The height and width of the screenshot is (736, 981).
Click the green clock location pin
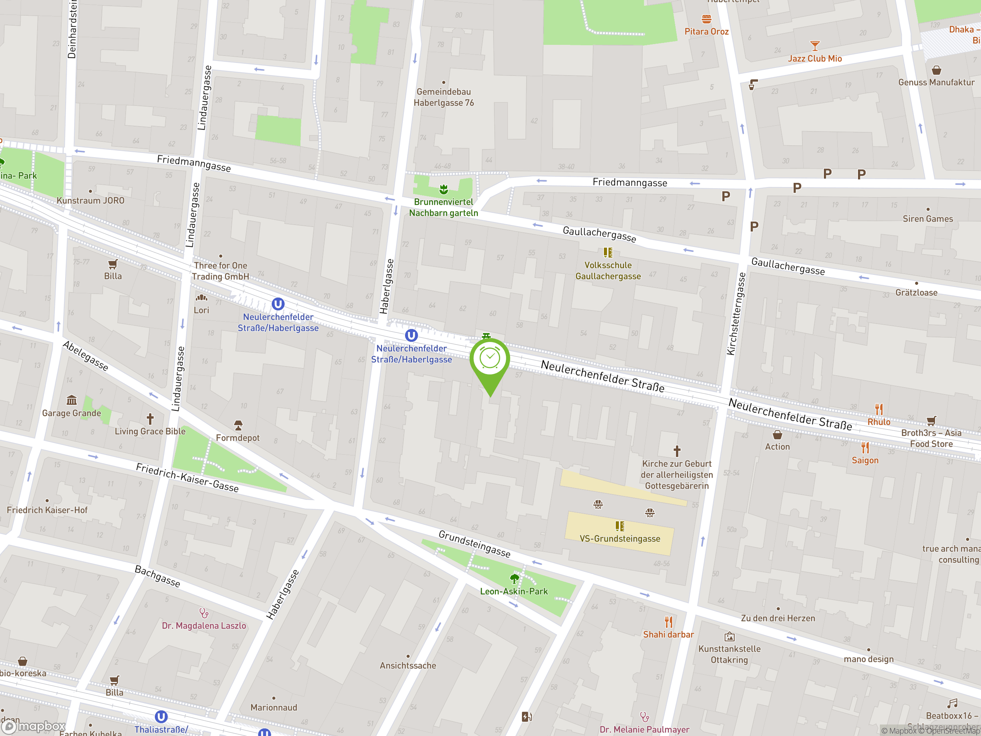(490, 359)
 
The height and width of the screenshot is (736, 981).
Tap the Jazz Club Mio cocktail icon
(815, 46)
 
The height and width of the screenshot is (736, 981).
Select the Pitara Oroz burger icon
(707, 19)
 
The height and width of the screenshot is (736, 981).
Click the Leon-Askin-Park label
(513, 591)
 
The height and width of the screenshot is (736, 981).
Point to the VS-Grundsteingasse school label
(620, 539)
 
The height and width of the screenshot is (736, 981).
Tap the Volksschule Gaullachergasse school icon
(608, 253)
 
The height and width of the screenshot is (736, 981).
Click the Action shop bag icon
(777, 434)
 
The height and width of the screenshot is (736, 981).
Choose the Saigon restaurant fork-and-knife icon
(865, 447)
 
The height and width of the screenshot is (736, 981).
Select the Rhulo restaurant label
(879, 422)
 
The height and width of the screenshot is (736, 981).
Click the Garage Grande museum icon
(71, 400)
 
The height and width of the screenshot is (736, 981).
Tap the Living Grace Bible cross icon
(150, 418)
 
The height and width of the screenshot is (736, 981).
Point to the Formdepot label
(238, 438)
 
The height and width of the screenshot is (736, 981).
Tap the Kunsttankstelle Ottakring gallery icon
(729, 637)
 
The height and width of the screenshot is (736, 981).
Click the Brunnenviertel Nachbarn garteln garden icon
(443, 190)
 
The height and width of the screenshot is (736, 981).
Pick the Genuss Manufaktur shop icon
(936, 70)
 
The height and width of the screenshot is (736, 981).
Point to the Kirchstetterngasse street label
(736, 314)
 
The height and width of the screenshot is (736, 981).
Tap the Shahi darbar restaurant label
(668, 634)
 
